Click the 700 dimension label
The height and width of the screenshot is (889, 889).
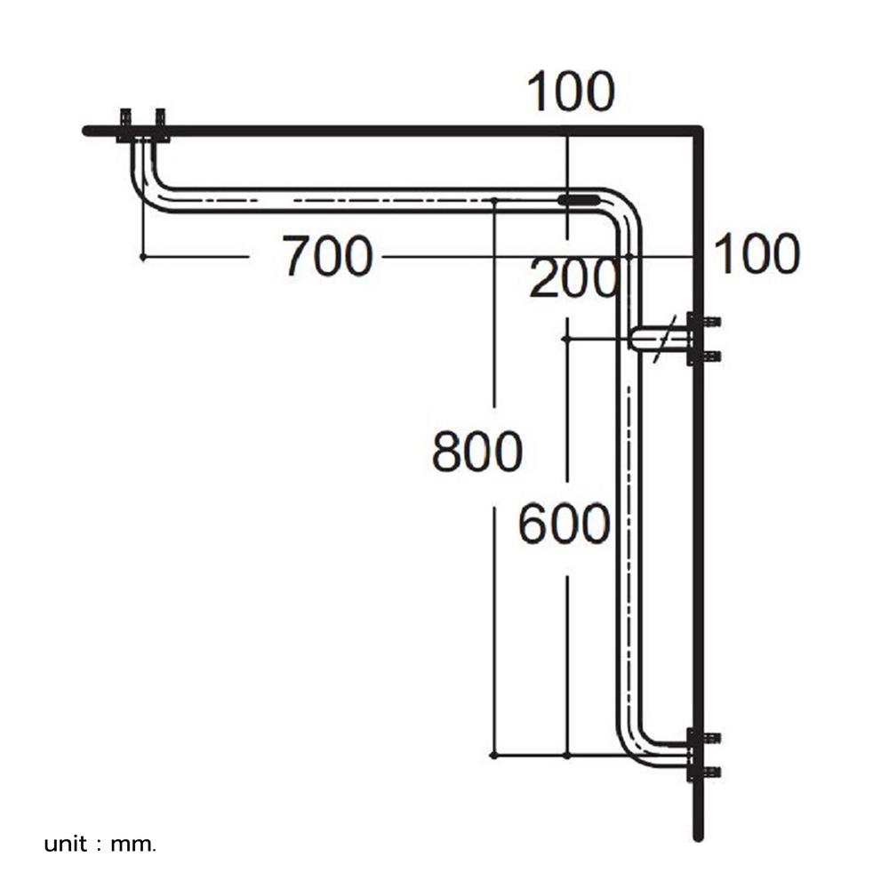[x=327, y=256]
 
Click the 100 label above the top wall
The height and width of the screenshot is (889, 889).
[x=571, y=92]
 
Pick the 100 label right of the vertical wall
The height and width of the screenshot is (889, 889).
[x=757, y=254]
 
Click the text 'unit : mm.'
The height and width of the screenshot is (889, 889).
[x=100, y=844]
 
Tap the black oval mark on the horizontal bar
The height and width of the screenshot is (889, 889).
[x=579, y=200]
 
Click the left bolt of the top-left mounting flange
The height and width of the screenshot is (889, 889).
[x=126, y=117]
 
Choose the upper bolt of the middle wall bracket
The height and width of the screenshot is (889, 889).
[x=711, y=322]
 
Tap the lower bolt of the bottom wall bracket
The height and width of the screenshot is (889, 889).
[x=711, y=772]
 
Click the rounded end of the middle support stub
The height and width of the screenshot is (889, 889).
[x=634, y=339]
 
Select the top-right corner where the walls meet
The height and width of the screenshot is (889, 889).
[x=698, y=132]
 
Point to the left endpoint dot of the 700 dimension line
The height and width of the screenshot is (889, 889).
[x=143, y=256]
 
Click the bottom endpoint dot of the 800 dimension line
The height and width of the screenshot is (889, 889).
[x=494, y=755]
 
